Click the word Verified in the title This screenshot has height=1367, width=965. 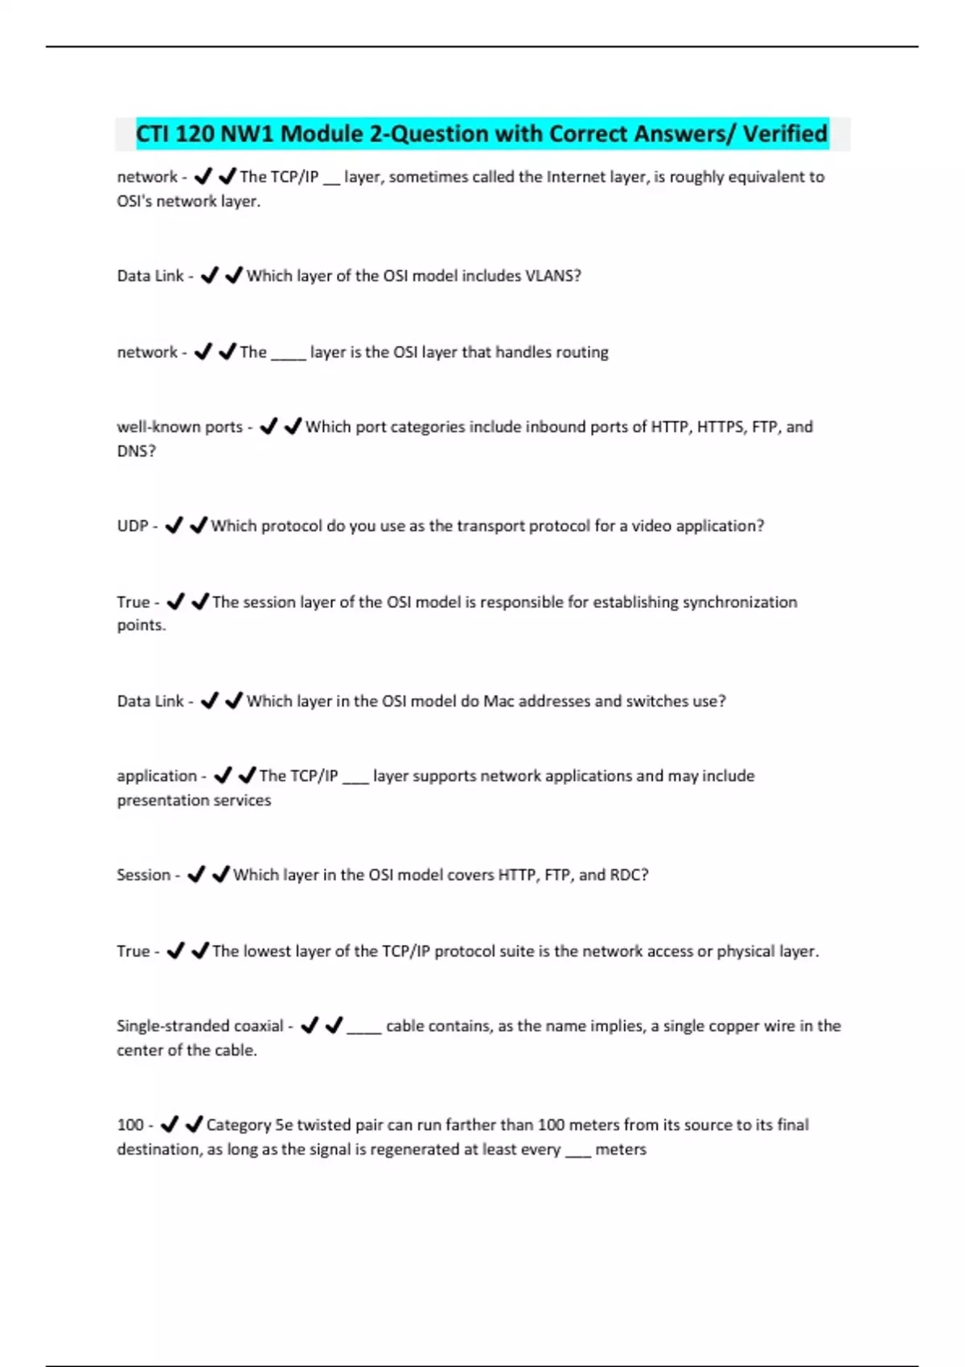click(785, 133)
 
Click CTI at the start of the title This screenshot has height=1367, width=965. click(152, 133)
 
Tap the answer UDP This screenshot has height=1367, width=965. click(133, 526)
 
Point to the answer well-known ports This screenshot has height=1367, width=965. click(179, 427)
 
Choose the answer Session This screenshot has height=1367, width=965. click(143, 875)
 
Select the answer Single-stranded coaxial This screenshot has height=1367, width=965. click(199, 1026)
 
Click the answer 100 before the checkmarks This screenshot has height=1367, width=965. click(130, 1125)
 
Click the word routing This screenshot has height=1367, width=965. click(581, 352)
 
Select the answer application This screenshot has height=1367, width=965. click(157, 776)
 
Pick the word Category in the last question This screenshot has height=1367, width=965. click(239, 1125)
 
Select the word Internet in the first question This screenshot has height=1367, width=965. click(573, 177)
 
